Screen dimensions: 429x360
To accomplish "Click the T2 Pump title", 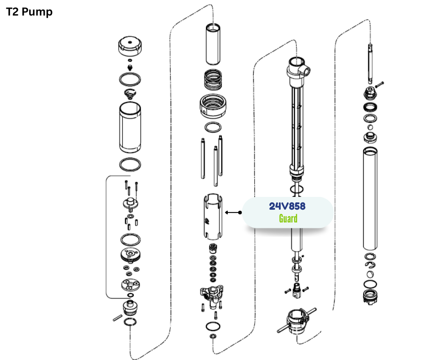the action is point(29,12).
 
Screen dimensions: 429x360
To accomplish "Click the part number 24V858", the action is point(287,206).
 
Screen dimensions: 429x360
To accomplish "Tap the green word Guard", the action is point(288,218).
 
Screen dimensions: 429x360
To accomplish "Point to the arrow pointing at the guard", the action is point(233,212).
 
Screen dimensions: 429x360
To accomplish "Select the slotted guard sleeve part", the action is point(213,217).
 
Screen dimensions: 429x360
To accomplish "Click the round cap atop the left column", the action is point(130,46).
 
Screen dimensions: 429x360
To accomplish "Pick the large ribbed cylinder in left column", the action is point(130,127).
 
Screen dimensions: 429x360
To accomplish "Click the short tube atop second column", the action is point(213,44).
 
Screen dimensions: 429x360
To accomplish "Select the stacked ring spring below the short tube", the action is point(213,80).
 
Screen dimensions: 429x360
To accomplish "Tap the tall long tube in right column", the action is point(370,199).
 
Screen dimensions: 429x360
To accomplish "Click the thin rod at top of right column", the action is point(370,64).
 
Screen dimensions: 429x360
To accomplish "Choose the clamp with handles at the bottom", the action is point(297,321).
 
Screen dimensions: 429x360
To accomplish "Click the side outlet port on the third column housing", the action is point(306,70).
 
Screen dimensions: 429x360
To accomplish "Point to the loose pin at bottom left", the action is point(118,318).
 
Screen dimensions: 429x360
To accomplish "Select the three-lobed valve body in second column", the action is point(212,295).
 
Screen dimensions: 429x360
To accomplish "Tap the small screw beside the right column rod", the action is point(379,85).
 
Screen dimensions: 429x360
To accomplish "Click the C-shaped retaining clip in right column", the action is point(370,265).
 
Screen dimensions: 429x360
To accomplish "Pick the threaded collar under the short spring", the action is point(213,106).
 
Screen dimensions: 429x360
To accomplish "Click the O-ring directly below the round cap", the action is point(130,79).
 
